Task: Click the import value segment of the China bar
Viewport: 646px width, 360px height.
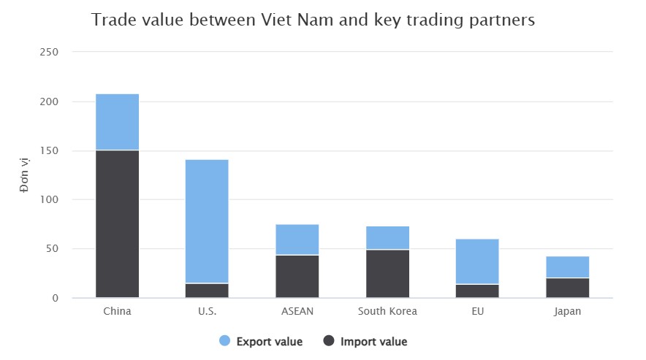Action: pyautogui.click(x=117, y=223)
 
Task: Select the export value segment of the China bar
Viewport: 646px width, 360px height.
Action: pyautogui.click(x=117, y=122)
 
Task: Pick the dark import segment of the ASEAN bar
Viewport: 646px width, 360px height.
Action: pyautogui.click(x=297, y=276)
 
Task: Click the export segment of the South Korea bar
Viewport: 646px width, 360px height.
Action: pyautogui.click(x=387, y=238)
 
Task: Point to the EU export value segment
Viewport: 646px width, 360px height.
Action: pyautogui.click(x=477, y=261)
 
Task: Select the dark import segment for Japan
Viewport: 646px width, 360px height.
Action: pyautogui.click(x=567, y=288)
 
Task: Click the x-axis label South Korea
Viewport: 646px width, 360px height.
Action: pyautogui.click(x=387, y=312)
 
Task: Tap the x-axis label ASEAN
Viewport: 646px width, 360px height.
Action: pyautogui.click(x=297, y=312)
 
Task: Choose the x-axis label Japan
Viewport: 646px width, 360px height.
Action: pyautogui.click(x=567, y=312)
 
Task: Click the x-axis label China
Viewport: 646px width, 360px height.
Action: pyautogui.click(x=117, y=312)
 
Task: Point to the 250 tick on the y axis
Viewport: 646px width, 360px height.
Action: pyautogui.click(x=50, y=53)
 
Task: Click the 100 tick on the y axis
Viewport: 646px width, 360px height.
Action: pyautogui.click(x=50, y=200)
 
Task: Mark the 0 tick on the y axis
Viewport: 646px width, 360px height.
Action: pyautogui.click(x=55, y=298)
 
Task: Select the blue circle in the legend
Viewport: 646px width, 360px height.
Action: pyautogui.click(x=225, y=341)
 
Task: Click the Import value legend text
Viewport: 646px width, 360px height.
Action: pyautogui.click(x=373, y=341)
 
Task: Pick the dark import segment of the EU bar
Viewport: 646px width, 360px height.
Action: pyautogui.click(x=477, y=291)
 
